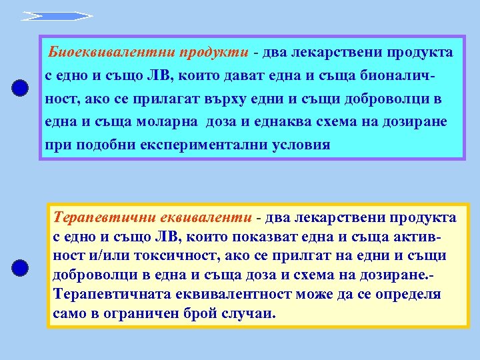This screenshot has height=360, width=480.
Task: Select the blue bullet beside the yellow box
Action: (x=21, y=268)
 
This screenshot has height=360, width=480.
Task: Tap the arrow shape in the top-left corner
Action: (x=56, y=15)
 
